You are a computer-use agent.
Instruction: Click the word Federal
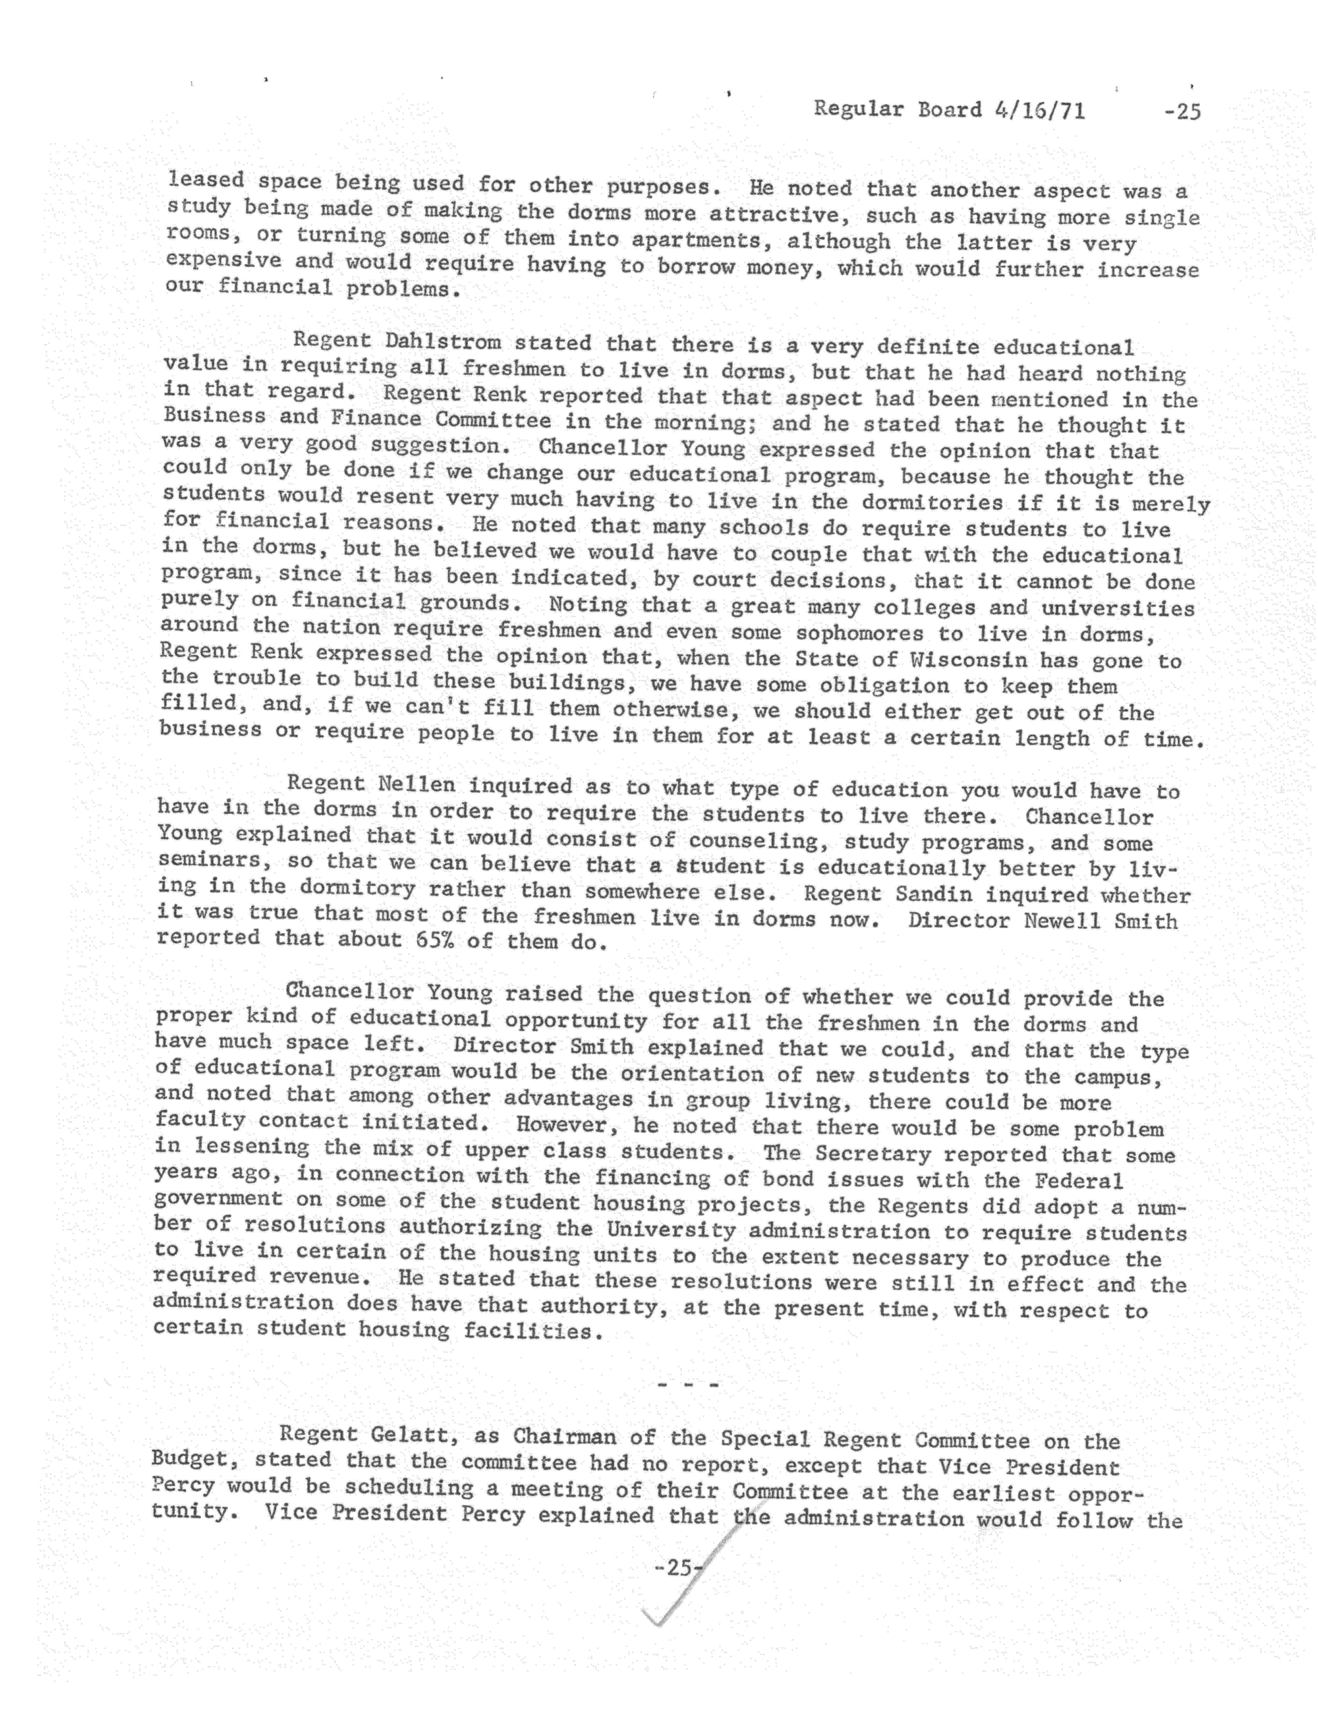[1079, 1181]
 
